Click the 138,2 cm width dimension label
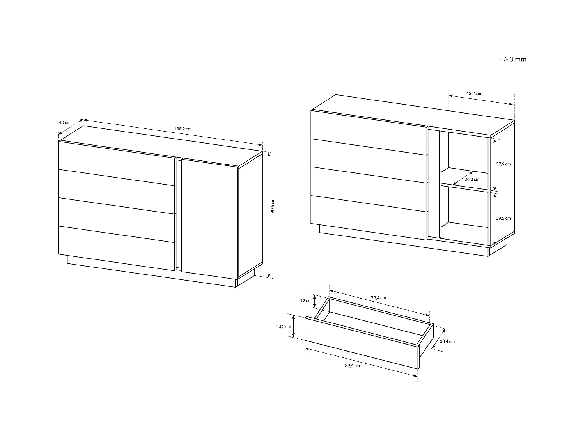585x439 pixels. tap(183, 129)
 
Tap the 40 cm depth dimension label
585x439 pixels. tap(65, 122)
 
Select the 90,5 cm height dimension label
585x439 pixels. tap(273, 206)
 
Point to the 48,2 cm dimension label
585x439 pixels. tap(473, 94)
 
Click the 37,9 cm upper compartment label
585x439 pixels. tap(503, 164)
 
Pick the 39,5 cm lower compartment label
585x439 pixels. tap(503, 219)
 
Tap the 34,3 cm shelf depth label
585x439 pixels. tap(472, 180)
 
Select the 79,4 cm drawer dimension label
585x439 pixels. tap(378, 298)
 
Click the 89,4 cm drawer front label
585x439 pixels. tap(352, 366)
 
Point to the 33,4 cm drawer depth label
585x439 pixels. tap(447, 341)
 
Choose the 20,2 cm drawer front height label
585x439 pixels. tap(284, 327)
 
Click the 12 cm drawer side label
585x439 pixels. tap(306, 301)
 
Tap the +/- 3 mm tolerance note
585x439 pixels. tap(513, 59)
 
